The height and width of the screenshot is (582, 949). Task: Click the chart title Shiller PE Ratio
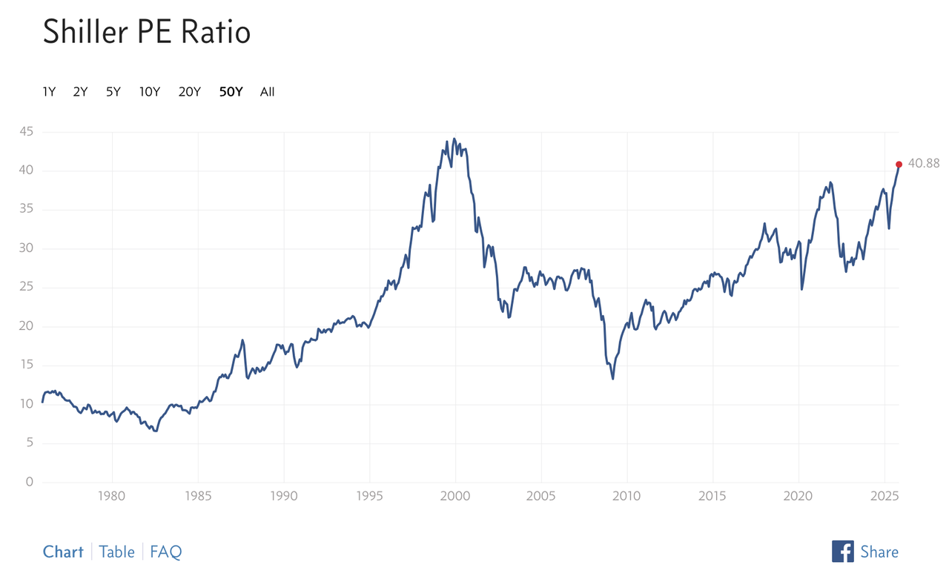click(x=146, y=32)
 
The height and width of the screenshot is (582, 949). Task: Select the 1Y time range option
click(x=49, y=92)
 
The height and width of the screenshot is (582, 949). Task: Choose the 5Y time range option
click(x=113, y=92)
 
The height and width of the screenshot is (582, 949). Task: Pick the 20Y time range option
click(x=189, y=92)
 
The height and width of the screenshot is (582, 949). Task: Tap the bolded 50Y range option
click(x=231, y=92)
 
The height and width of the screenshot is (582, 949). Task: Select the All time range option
click(x=267, y=92)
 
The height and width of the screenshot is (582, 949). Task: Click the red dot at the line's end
click(x=899, y=164)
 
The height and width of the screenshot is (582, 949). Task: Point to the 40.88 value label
click(x=923, y=164)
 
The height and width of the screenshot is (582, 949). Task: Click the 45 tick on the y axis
click(x=27, y=132)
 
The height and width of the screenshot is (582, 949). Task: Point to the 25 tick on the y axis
click(x=27, y=287)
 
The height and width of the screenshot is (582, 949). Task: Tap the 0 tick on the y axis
click(x=30, y=482)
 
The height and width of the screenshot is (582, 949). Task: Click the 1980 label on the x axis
click(x=112, y=495)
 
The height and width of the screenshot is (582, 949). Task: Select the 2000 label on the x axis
click(x=455, y=495)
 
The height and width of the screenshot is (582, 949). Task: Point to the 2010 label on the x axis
click(x=626, y=495)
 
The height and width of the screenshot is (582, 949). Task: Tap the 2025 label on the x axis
click(x=884, y=495)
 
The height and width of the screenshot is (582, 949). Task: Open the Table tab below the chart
click(x=117, y=552)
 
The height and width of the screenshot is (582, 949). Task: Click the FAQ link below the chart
click(x=165, y=552)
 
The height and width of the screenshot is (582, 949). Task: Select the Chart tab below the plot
click(x=63, y=552)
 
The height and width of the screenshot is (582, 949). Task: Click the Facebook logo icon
click(x=842, y=551)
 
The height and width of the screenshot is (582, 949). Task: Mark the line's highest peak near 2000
click(x=454, y=139)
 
